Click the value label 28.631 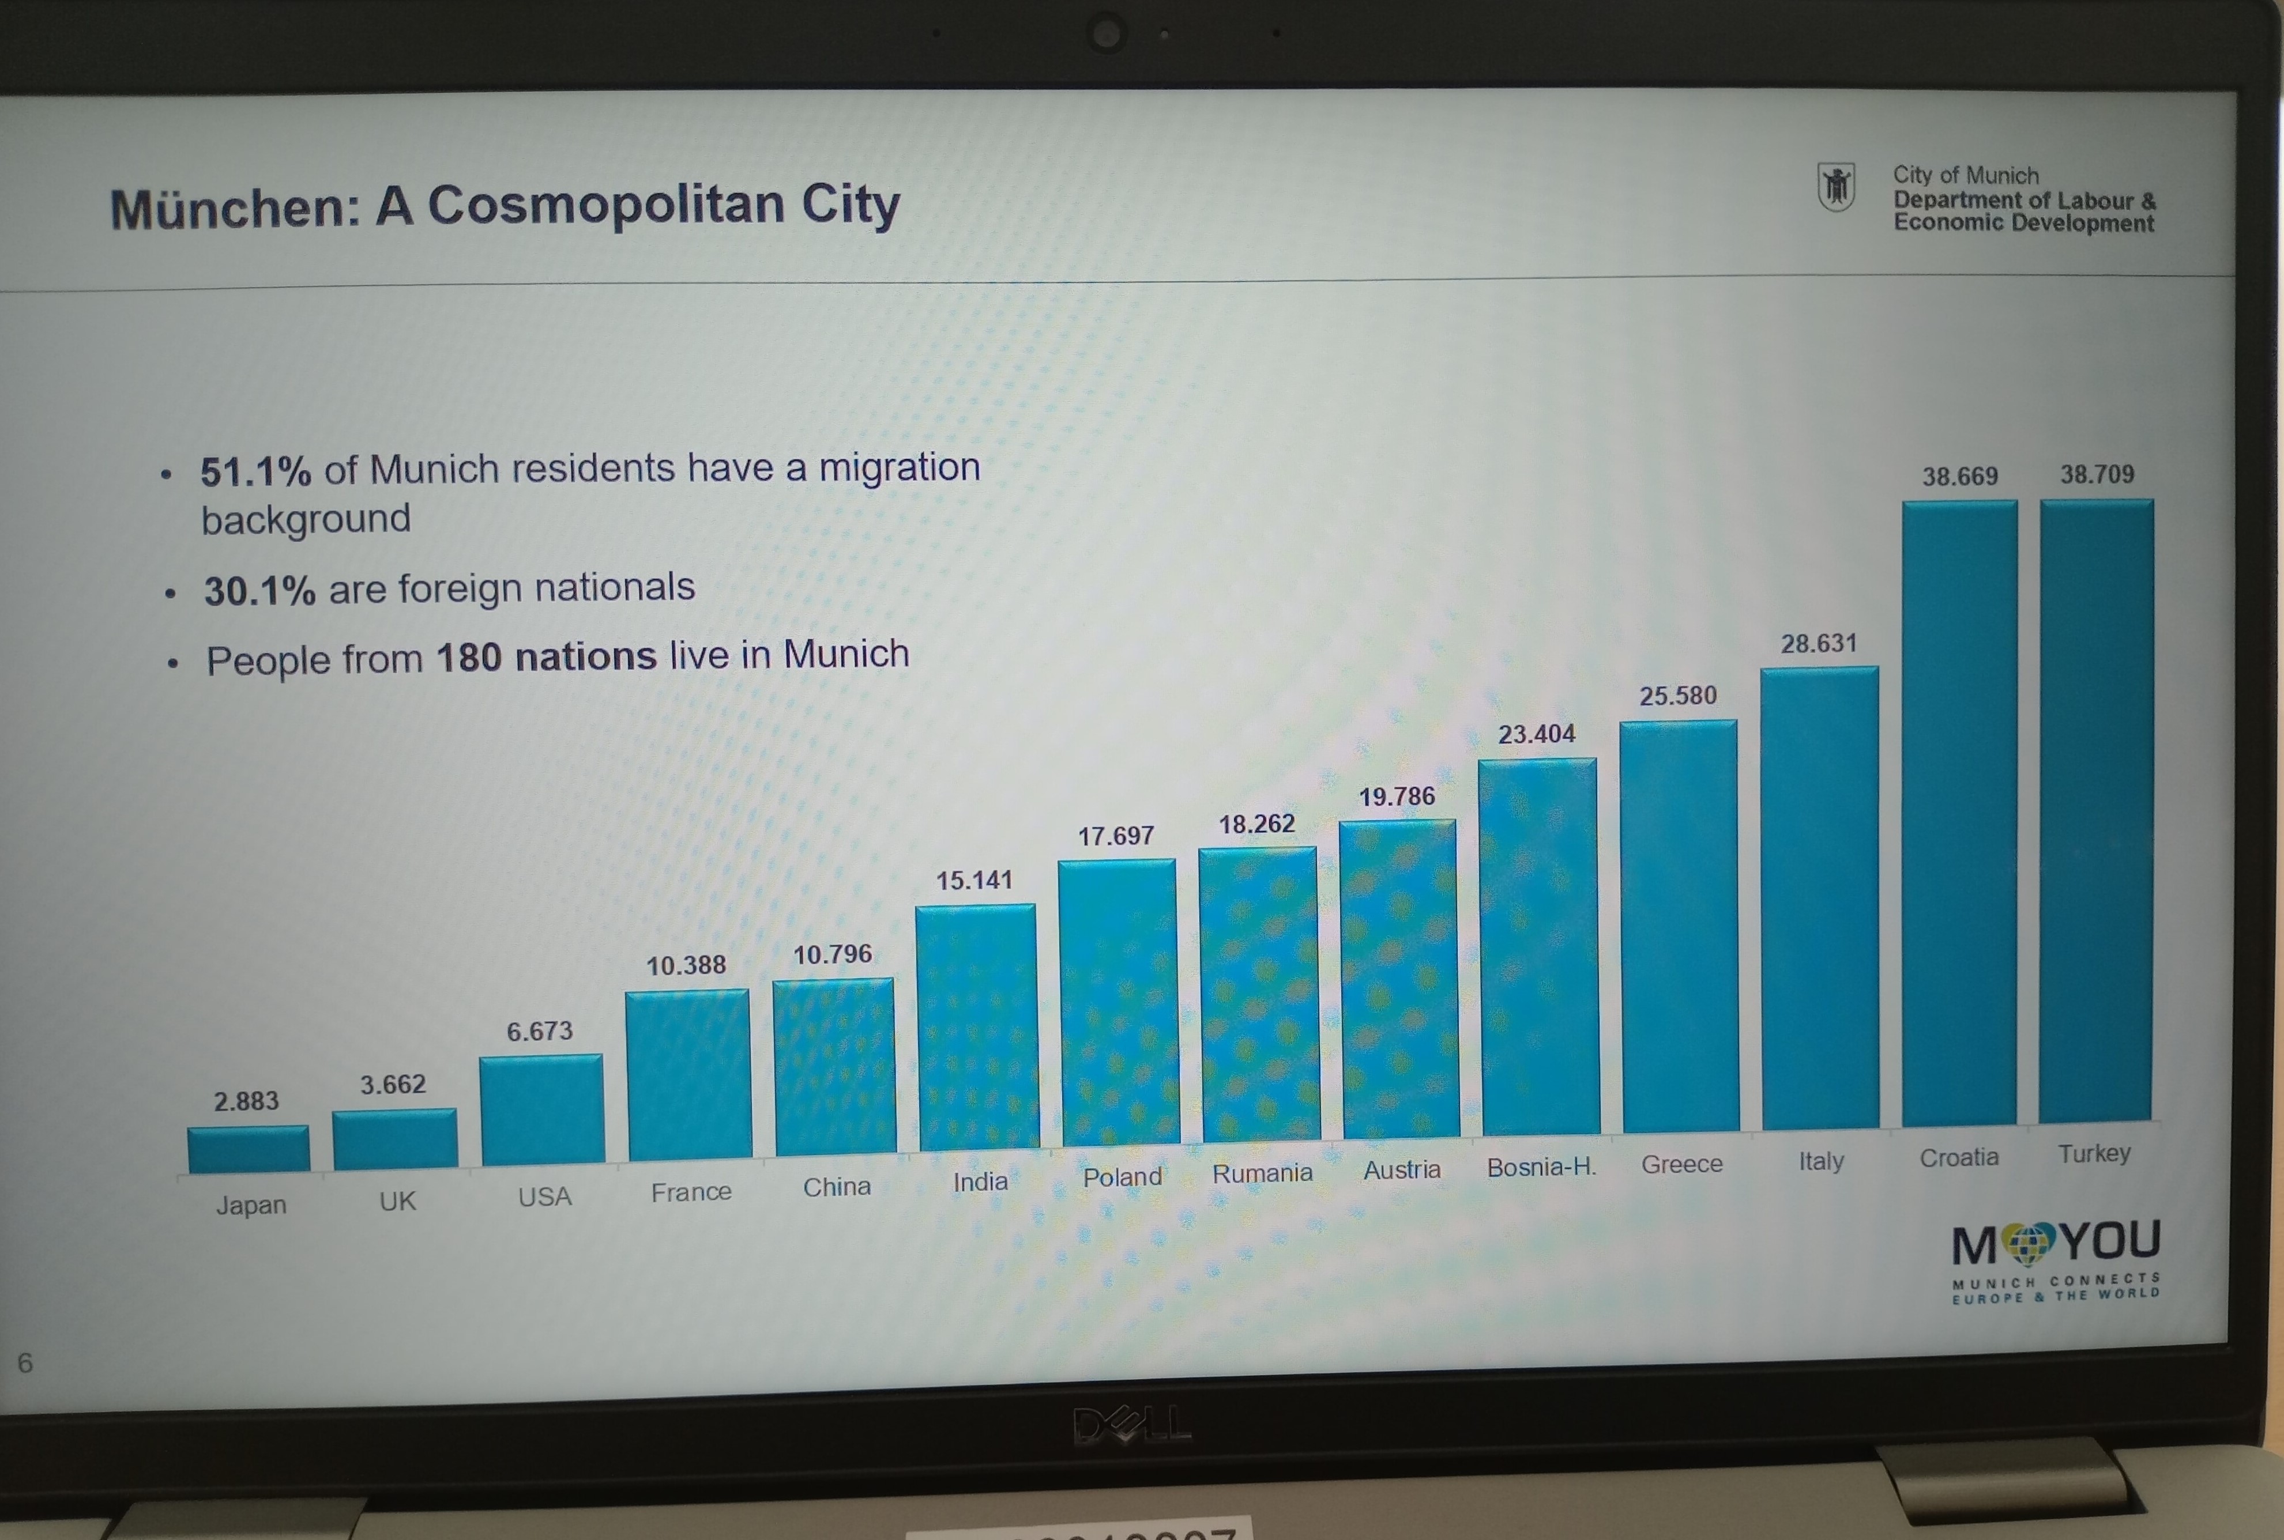tap(1818, 643)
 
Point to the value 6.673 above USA tap(539, 1031)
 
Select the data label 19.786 tap(1396, 797)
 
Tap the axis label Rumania tap(1262, 1173)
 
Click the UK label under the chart tap(398, 1201)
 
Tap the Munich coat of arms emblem tap(1835, 187)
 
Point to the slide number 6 tap(25, 1362)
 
